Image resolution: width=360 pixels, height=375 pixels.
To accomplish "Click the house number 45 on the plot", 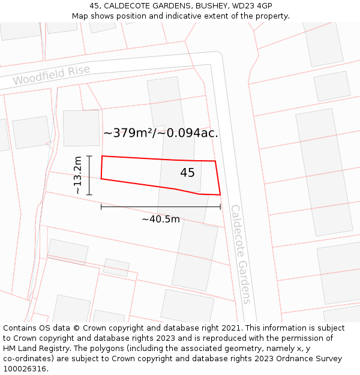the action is click(187, 173).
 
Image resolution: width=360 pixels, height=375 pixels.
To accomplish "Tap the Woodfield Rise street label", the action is click(52, 75).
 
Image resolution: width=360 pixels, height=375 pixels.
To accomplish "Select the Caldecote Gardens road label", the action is click(240, 254).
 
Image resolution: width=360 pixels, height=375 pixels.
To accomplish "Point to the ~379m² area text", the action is click(128, 133).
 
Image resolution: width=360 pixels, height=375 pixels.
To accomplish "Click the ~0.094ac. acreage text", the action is click(188, 133).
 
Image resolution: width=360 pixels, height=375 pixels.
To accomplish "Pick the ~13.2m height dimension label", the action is click(78, 175).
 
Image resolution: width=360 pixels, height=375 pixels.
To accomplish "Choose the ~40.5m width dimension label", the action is click(160, 220).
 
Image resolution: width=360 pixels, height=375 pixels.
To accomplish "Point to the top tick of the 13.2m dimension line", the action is click(89, 156).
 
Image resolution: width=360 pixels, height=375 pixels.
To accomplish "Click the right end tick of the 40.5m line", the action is click(220, 207).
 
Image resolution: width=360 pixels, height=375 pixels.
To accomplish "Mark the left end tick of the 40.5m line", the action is click(101, 207).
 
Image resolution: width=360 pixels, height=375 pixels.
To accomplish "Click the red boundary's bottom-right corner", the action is click(220, 194).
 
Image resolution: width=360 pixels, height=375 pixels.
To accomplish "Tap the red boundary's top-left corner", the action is click(102, 156).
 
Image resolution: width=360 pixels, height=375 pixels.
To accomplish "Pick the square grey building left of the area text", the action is click(81, 128).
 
